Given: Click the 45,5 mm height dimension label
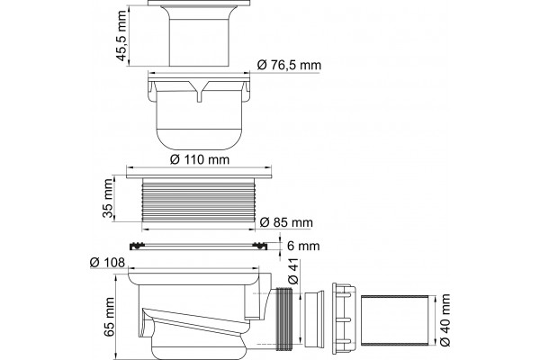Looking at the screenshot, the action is (x=121, y=36).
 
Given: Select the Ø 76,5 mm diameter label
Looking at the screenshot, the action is (x=289, y=65).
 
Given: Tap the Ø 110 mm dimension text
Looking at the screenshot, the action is (x=200, y=159).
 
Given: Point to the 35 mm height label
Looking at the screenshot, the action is (x=108, y=198).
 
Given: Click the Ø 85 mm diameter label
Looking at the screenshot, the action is (x=286, y=222).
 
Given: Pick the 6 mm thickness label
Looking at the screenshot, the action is (x=303, y=246).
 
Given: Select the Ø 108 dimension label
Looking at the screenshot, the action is (x=107, y=263).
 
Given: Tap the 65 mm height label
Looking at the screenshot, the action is (x=109, y=317).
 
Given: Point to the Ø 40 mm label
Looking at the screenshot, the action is (x=445, y=320).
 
